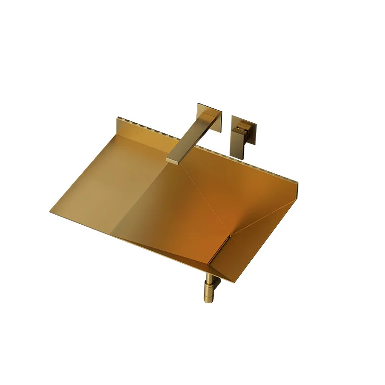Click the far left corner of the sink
point(50,212)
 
